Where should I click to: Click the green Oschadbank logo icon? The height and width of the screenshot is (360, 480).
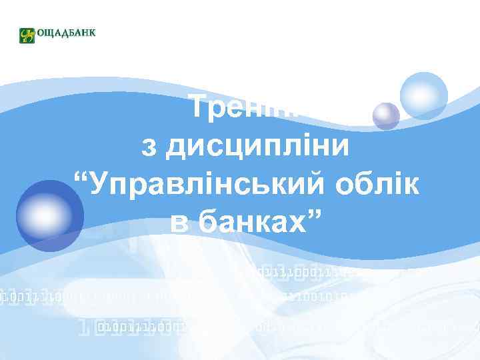[x=27, y=35]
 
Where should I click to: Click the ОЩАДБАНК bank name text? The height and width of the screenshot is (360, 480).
[x=66, y=34]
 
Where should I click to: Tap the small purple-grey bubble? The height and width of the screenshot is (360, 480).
[x=386, y=116]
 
